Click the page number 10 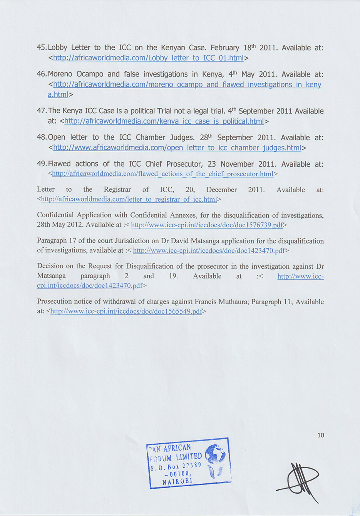tap(321, 435)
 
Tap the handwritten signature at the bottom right tap(299, 481)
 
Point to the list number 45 tap(41, 48)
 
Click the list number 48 tap(41, 137)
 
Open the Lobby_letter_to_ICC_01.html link tap(148, 58)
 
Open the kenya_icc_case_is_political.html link tap(164, 122)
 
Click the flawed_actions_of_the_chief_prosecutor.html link tap(162, 174)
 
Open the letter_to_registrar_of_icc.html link tap(129, 199)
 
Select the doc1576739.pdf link tap(207, 225)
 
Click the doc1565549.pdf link tap(126, 311)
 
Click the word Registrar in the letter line tap(117, 190)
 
